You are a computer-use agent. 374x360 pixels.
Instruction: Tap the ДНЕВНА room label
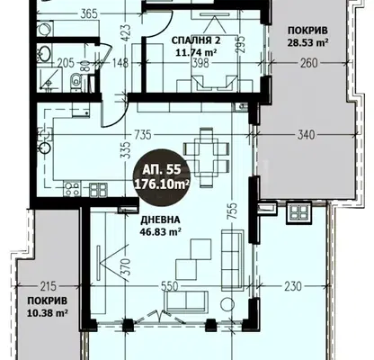pos(160,220)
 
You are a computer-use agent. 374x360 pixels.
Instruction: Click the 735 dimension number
pos(142,135)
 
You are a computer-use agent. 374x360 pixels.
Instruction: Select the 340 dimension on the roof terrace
pos(306,135)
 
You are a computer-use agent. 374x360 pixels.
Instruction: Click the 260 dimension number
pos(308,63)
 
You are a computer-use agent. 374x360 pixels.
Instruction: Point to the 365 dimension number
pos(89,13)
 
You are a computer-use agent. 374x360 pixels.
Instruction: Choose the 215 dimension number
pos(48,286)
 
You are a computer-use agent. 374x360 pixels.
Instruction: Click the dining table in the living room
pos(207,157)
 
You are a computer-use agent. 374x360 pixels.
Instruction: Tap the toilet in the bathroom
pos(76,81)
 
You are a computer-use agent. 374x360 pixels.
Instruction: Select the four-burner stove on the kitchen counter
pos(72,189)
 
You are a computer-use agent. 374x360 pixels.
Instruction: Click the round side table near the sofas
pos(227,305)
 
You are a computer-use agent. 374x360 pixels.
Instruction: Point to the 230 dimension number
pos(292,286)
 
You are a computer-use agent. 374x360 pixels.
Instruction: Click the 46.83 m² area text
pos(159,231)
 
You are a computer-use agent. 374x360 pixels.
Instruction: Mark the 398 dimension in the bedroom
pos(200,63)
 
